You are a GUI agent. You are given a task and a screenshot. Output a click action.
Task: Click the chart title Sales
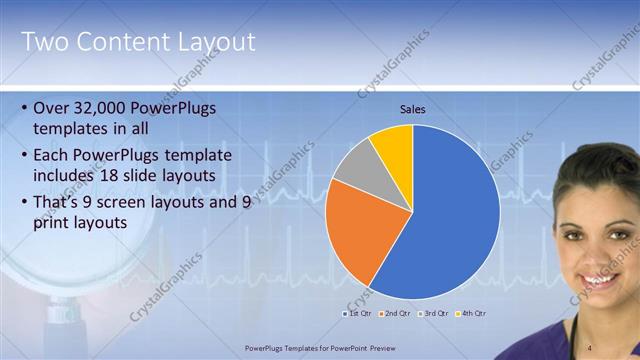[412, 110]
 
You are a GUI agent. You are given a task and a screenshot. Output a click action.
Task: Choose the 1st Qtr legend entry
[360, 314]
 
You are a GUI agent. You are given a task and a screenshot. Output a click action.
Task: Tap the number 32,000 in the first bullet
[106, 106]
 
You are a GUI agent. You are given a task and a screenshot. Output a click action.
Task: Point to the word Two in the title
[44, 42]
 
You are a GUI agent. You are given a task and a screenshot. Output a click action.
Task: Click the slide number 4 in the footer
[590, 347]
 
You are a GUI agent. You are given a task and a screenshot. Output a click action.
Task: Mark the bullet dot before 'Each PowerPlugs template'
[24, 155]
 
